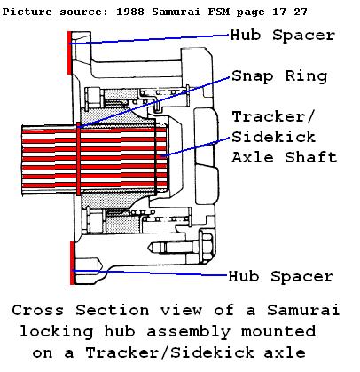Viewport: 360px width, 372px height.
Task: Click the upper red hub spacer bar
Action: coord(69,52)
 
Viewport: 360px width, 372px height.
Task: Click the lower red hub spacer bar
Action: coord(73,263)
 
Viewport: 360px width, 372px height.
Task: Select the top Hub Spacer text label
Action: coord(283,36)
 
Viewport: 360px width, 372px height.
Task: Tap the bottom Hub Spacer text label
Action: coord(281,277)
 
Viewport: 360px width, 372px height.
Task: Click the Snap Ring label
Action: coord(279,76)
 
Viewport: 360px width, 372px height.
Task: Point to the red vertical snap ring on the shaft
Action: coord(78,159)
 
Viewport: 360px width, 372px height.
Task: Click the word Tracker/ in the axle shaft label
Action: coord(272,116)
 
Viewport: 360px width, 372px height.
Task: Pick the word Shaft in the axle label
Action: coord(311,157)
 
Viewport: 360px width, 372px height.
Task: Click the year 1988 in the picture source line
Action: coord(130,12)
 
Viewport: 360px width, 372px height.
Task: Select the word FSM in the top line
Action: coord(218,12)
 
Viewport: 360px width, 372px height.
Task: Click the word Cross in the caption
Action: coord(38,311)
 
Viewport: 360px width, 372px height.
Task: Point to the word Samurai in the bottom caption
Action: coord(303,311)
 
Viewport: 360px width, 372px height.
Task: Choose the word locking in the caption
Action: coord(57,331)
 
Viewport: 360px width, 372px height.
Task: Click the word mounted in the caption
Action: coord(278,331)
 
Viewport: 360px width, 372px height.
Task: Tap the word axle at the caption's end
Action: coord(285,352)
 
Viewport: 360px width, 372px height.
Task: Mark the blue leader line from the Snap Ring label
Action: coord(153,102)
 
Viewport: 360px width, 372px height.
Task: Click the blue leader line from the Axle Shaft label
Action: coord(195,147)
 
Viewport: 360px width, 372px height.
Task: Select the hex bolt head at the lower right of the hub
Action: coord(206,245)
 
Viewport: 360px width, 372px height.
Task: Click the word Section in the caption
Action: coord(112,311)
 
